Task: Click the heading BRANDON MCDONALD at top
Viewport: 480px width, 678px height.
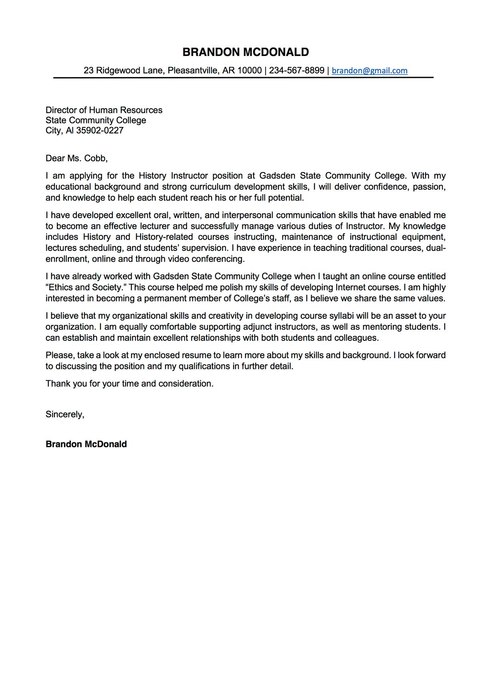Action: pyautogui.click(x=246, y=52)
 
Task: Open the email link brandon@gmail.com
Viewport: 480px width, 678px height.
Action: pyautogui.click(x=369, y=71)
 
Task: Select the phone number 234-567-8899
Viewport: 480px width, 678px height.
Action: pyautogui.click(x=296, y=71)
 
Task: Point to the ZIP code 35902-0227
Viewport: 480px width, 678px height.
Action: pyautogui.click(x=100, y=131)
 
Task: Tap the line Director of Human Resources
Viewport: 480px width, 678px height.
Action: pyautogui.click(x=104, y=110)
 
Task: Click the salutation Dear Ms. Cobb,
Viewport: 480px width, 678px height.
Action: pyautogui.click(x=76, y=159)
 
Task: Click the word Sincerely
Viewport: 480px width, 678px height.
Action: pyautogui.click(x=64, y=415)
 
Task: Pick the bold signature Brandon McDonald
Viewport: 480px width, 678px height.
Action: pyautogui.click(x=86, y=444)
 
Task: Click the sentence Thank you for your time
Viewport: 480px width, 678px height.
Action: pyautogui.click(x=129, y=384)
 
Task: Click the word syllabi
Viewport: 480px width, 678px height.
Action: pyautogui.click(x=342, y=316)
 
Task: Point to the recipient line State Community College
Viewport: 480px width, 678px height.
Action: pyautogui.click(x=96, y=120)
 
